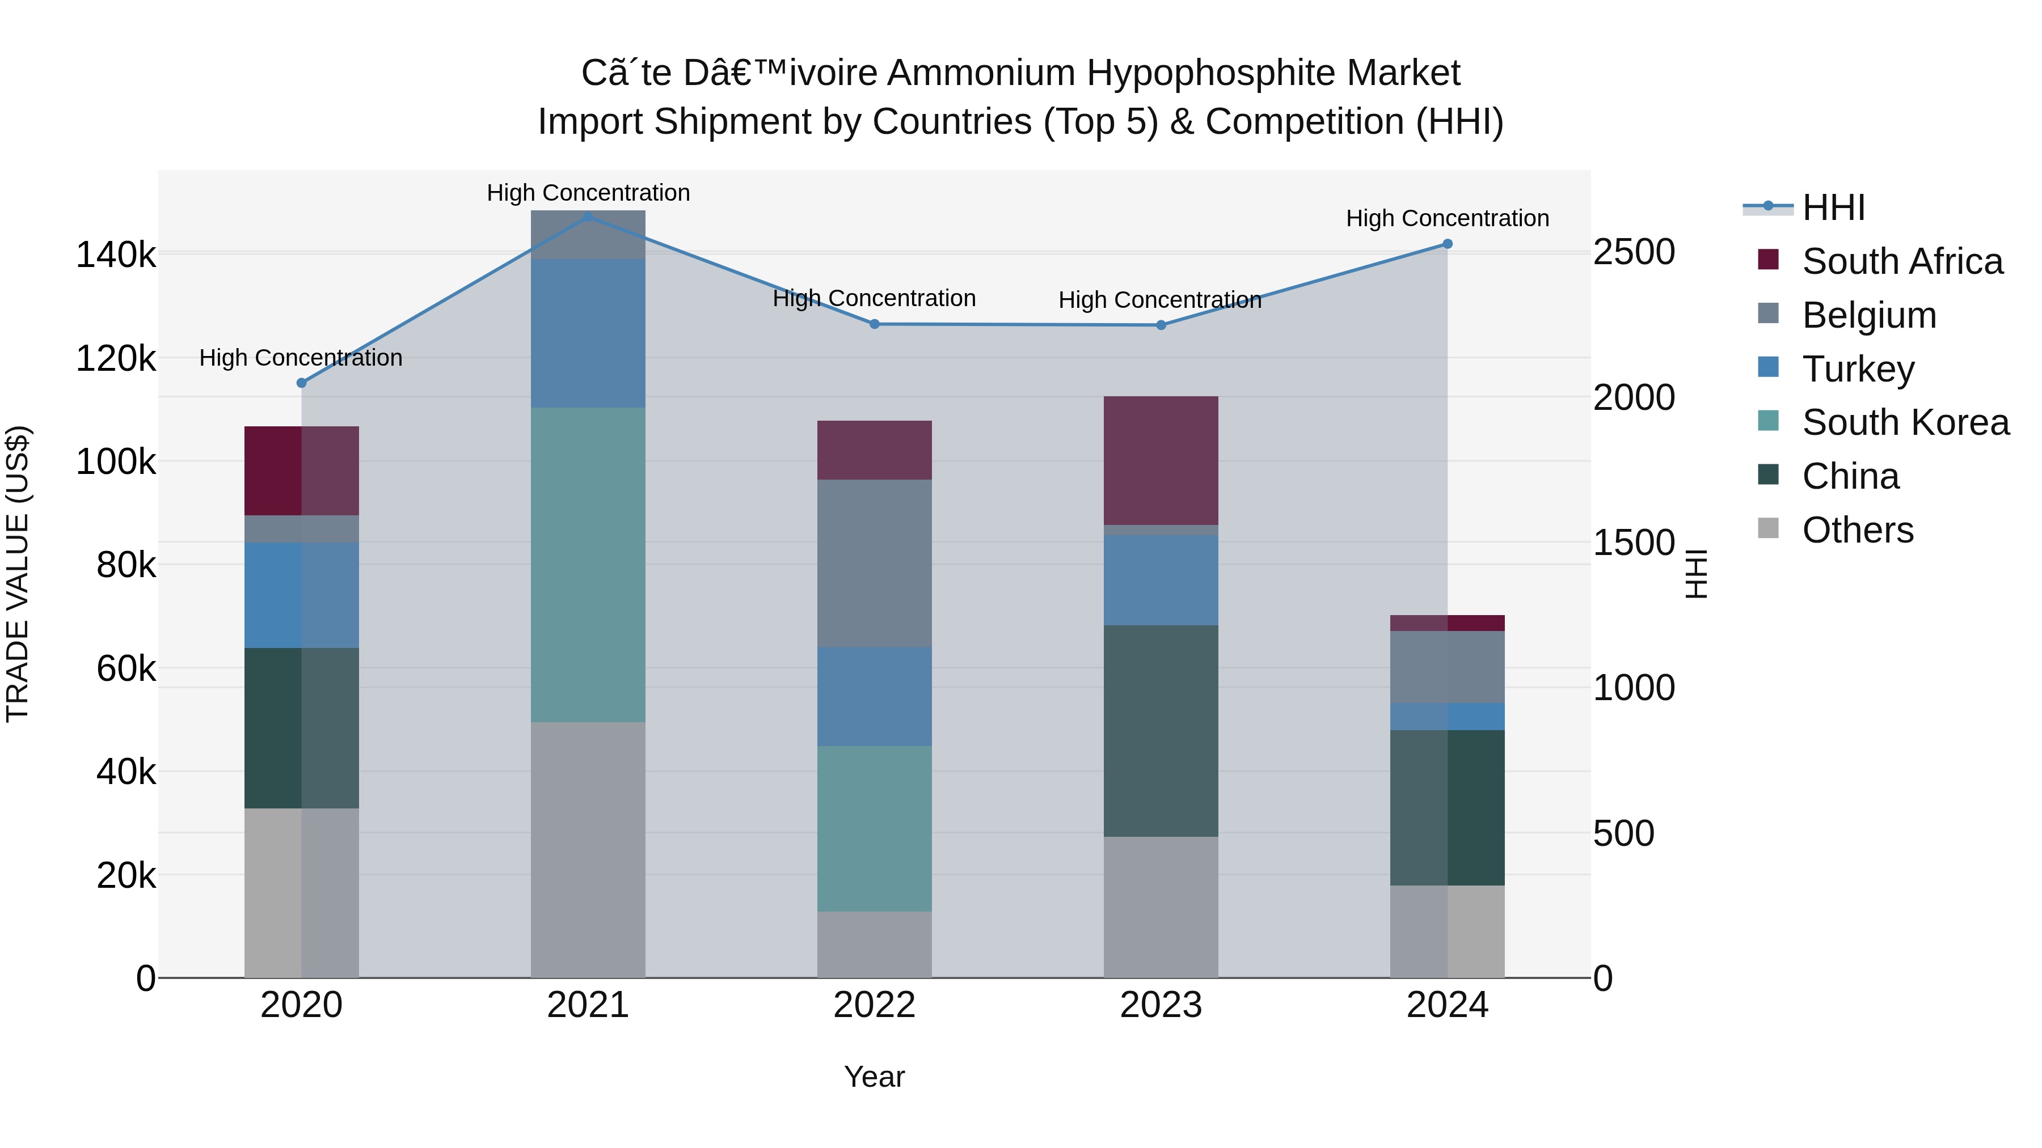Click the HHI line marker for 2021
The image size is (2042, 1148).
tap(588, 217)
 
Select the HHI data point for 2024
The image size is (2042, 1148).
tap(1446, 244)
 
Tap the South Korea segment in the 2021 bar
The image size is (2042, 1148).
tap(588, 564)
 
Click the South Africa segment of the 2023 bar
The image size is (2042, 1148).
tap(1161, 460)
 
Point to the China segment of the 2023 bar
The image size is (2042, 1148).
tap(1161, 731)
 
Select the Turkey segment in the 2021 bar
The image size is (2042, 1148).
tap(588, 333)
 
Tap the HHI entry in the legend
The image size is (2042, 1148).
tap(1833, 207)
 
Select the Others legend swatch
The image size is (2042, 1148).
tap(1767, 528)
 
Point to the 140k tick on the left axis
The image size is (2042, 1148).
tap(116, 255)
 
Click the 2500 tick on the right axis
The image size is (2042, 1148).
tap(1634, 252)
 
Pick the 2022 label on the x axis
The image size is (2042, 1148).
tap(874, 1005)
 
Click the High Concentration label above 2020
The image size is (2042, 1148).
tap(301, 358)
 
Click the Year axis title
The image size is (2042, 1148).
tap(874, 1077)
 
